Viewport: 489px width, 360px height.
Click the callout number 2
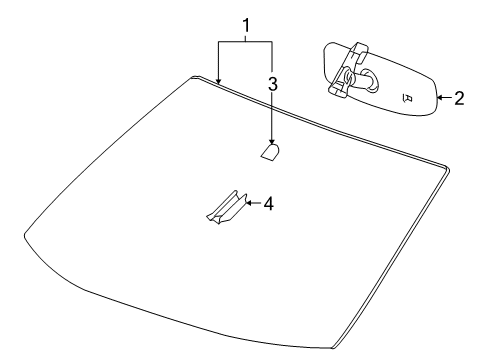[459, 98]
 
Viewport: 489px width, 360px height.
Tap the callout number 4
[268, 203]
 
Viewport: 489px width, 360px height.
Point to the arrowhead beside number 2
[442, 98]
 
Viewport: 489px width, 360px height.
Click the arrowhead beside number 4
[250, 203]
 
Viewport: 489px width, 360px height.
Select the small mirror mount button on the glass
[270, 152]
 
